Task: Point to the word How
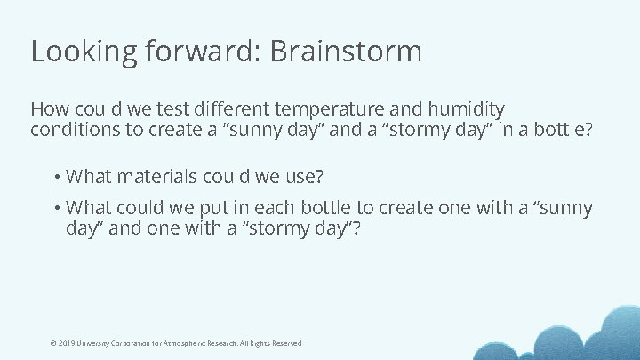pyautogui.click(x=48, y=109)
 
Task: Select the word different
pyautogui.click(x=221, y=109)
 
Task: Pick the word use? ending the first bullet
pyautogui.click(x=302, y=176)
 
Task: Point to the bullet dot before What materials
pyautogui.click(x=56, y=176)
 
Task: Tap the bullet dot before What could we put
pyautogui.click(x=56, y=208)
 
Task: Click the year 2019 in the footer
pyautogui.click(x=68, y=343)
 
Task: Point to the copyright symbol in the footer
pyautogui.click(x=54, y=343)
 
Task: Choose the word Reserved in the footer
pyautogui.click(x=285, y=343)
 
